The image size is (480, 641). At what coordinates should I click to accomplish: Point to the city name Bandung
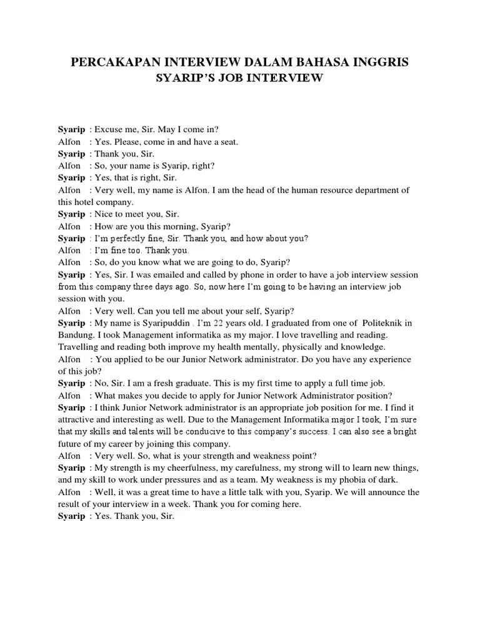point(76,335)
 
